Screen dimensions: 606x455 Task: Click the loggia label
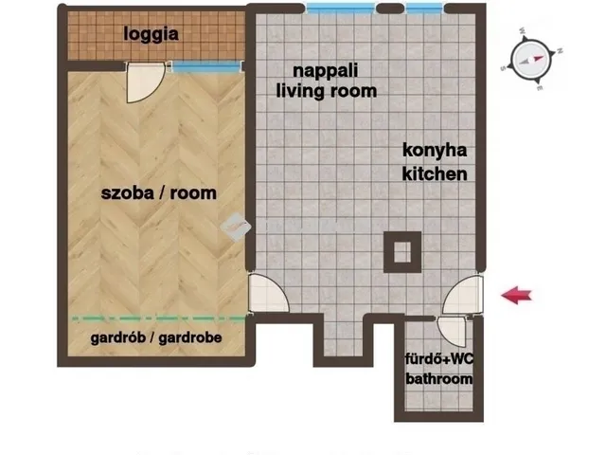point(151,34)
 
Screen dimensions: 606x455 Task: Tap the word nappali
point(326,71)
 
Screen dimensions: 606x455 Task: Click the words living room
point(327,91)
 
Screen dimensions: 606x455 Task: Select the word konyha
point(435,151)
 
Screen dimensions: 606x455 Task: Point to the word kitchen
point(435,173)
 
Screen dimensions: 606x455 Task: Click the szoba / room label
point(158,193)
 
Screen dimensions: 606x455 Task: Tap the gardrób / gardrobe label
point(156,337)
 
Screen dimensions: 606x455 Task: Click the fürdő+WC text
point(439,359)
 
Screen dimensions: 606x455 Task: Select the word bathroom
point(439,379)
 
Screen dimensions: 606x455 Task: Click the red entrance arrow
point(516,295)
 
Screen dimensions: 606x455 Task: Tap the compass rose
point(531,59)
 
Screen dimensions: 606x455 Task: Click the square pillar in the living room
point(402,252)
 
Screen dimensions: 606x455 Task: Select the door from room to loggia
point(146,82)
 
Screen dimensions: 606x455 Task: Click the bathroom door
point(453,331)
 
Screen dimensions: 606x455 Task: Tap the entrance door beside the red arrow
point(463,295)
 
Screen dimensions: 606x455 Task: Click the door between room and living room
point(268,293)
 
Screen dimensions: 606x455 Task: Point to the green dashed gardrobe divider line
point(158,318)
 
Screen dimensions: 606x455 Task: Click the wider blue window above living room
point(341,9)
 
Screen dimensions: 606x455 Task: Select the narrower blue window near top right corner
point(424,9)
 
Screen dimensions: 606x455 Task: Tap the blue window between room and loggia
point(206,67)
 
